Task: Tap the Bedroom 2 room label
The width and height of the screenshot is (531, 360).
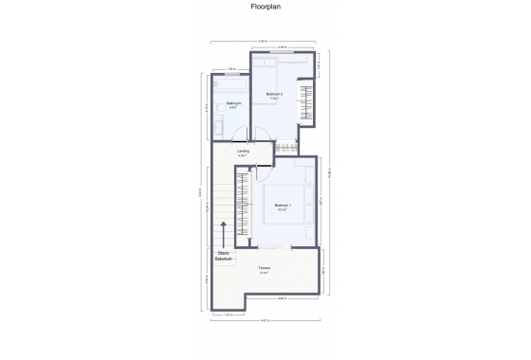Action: (x=274, y=95)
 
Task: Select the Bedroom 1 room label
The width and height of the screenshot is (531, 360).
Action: (x=283, y=206)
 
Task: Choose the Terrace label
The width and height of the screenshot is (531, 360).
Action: (x=265, y=269)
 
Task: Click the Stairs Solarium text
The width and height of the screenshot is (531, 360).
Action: (x=224, y=256)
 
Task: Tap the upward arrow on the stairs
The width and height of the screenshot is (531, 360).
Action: (x=224, y=233)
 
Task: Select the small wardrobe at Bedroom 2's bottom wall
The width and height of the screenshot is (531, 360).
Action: (x=285, y=146)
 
